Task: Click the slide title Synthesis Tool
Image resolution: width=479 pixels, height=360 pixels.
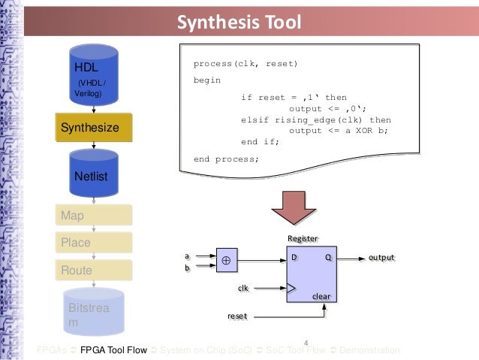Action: [x=239, y=21]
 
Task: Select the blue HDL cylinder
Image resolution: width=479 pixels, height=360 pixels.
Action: [x=93, y=75]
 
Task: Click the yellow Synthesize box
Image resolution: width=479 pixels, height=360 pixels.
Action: [x=93, y=128]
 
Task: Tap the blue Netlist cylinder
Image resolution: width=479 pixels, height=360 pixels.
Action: [x=93, y=173]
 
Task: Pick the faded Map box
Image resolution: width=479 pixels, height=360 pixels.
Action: [x=93, y=216]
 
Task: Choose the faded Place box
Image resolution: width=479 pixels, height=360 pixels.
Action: [x=93, y=243]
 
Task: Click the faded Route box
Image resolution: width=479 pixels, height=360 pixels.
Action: [x=93, y=271]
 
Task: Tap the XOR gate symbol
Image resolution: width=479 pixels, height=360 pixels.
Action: [x=224, y=260]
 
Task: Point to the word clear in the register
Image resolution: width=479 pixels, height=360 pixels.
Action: [x=321, y=297]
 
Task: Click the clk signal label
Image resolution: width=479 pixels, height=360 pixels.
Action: [x=243, y=288]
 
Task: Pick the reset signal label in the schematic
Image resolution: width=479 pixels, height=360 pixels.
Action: [x=236, y=316]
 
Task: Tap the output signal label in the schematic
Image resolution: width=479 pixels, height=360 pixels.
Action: [x=381, y=258]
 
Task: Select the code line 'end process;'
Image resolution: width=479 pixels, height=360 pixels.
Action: [x=226, y=159]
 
